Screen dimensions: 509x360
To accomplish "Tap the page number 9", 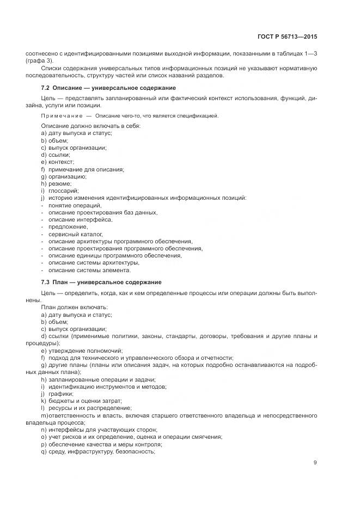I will click(x=315, y=463).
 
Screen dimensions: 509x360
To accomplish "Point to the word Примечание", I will click(x=61, y=116).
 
